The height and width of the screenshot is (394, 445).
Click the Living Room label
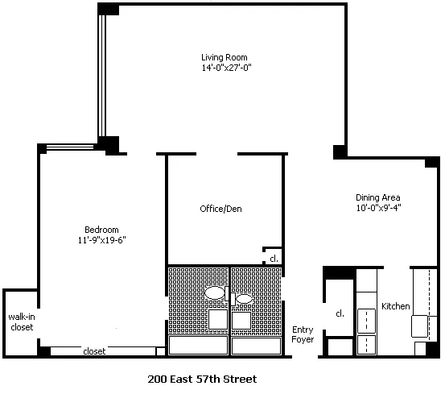coord(225,57)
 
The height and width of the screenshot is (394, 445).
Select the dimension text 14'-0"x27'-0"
coord(226,68)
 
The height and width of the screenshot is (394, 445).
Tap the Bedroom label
coord(101,230)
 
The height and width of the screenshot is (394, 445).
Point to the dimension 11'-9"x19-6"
coord(102,240)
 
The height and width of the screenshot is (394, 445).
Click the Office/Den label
coord(220,209)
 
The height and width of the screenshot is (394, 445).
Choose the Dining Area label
coord(378,197)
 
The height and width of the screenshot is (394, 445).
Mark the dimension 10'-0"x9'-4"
coord(378,208)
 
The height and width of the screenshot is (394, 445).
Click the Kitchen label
coord(396,306)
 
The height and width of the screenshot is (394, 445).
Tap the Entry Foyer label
coord(303,334)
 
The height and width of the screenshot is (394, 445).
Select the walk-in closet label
coord(22,321)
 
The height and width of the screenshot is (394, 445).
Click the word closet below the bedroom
coord(94,351)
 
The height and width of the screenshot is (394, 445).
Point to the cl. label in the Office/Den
coord(274,259)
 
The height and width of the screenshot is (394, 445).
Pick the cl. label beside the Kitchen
coord(340,313)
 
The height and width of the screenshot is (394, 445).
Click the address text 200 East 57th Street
coord(202,379)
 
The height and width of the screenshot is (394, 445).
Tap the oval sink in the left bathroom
coord(215,292)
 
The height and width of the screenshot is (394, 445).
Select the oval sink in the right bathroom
coord(244,299)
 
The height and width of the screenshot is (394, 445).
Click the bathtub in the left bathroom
coord(199,345)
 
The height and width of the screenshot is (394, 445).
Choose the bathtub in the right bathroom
coord(256,346)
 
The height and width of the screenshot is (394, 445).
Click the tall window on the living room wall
coord(102,76)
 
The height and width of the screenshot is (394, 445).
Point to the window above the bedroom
coord(70,147)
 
